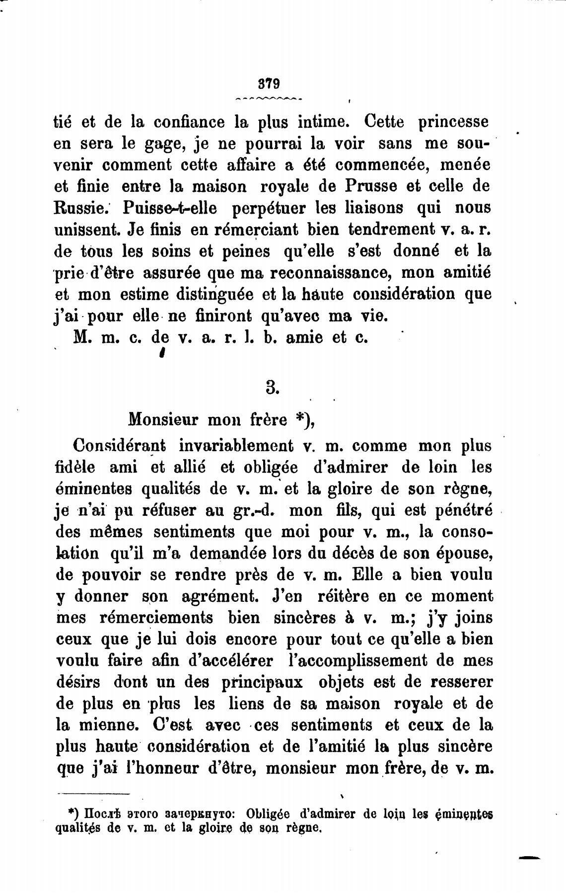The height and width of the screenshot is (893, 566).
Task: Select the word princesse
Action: pyautogui.click(x=453, y=122)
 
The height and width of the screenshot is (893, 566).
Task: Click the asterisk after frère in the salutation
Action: pyautogui.click(x=297, y=419)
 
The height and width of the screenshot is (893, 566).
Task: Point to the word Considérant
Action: pyautogui.click(x=120, y=446)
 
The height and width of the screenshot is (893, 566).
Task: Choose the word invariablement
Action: pyautogui.click(x=236, y=446)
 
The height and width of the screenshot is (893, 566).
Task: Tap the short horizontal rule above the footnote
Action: pyautogui.click(x=93, y=793)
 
